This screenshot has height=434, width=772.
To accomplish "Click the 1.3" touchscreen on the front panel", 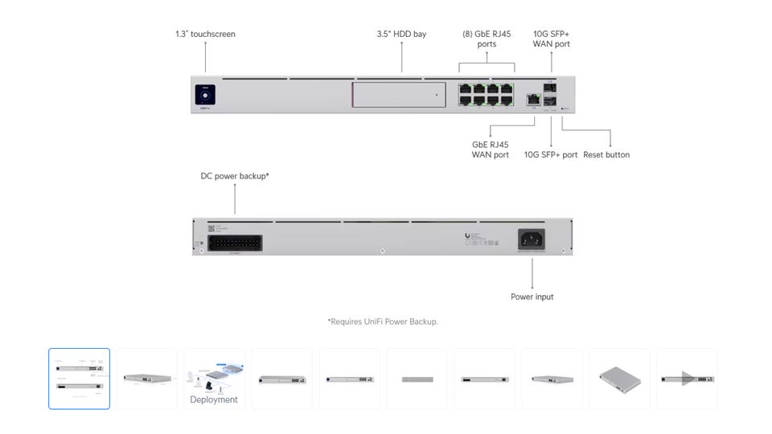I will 205,93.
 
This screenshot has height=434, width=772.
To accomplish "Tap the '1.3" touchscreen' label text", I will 205,35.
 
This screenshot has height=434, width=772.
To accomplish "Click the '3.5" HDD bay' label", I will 401,35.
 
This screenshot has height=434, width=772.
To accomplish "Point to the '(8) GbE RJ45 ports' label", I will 487,39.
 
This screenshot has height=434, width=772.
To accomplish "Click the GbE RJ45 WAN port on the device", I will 532,99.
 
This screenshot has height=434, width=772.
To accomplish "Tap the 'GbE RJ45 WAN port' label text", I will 490,149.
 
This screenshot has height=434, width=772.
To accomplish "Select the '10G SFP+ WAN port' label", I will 552,39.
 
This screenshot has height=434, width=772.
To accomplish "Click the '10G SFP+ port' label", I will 551,155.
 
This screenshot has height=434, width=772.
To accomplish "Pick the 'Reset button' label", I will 606,155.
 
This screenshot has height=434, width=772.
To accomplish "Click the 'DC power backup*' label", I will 235,175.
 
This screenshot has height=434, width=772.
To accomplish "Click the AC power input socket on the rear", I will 532,239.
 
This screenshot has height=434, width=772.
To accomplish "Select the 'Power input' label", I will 532,297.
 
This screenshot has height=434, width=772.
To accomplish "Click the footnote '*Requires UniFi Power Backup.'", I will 383,321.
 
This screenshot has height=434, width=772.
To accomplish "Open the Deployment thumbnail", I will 214,379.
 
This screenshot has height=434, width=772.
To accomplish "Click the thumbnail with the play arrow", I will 687,379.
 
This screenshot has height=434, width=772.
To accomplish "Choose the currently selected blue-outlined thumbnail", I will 79,379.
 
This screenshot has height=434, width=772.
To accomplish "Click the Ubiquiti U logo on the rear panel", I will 467,235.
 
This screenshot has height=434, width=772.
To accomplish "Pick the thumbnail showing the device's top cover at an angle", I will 619,379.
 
